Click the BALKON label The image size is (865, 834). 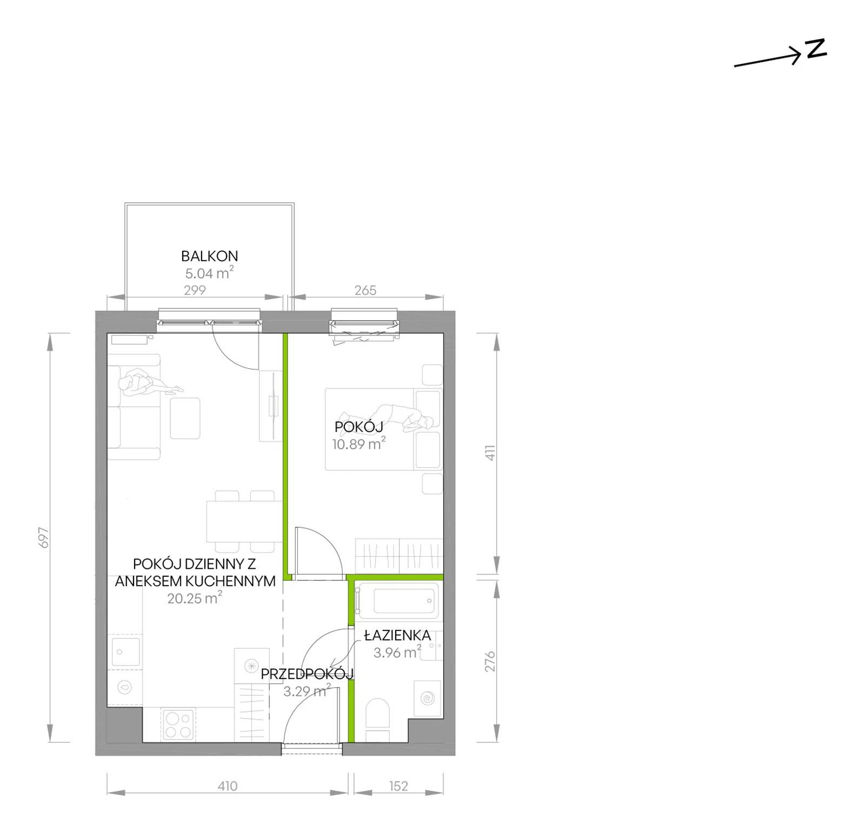click(x=209, y=256)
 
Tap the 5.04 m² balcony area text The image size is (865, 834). click(x=209, y=273)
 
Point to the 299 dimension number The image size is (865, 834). click(x=195, y=290)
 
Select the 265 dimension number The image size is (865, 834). click(x=365, y=290)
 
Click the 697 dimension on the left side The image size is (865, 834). click(x=44, y=537)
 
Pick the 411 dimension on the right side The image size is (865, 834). click(x=490, y=452)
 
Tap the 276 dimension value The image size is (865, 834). click(x=490, y=662)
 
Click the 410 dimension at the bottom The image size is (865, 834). click(x=228, y=786)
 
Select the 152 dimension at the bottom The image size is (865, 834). click(x=398, y=786)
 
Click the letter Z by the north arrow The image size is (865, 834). click(x=816, y=49)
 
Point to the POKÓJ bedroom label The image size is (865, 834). click(x=359, y=427)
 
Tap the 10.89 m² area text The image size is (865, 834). click(x=359, y=445)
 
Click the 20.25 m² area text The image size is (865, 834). click(x=195, y=598)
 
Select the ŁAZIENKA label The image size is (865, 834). click(x=397, y=635)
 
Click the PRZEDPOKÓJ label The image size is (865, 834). click(x=307, y=674)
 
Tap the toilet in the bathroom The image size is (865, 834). click(x=377, y=720)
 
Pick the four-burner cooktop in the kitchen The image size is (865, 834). click(x=179, y=724)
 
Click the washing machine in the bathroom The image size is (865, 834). click(x=427, y=698)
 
